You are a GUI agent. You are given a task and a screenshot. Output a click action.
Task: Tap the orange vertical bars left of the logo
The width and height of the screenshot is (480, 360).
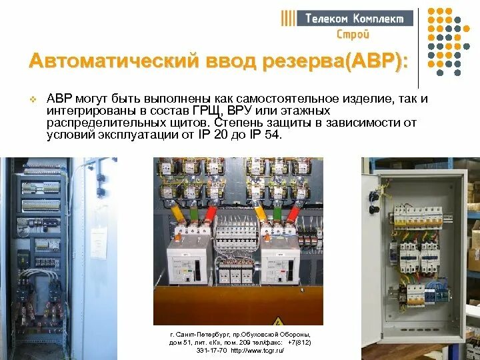tap(288, 18)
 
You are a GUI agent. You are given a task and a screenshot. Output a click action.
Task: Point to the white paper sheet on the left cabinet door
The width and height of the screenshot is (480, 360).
tap(99, 243)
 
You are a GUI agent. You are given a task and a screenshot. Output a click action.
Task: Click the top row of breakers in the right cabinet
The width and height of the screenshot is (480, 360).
tap(417, 216)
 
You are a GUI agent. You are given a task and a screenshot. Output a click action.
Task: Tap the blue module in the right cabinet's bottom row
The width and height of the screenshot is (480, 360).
tap(435, 291)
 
